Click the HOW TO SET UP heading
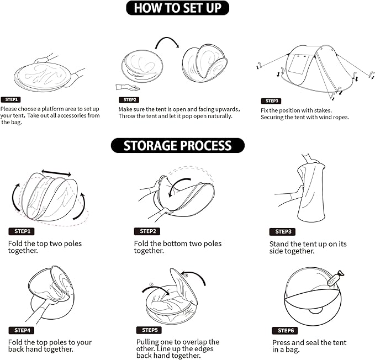[177, 8]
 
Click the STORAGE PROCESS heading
[178, 145]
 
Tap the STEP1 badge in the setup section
[10, 99]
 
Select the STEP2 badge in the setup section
[129, 100]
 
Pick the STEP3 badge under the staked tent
[271, 101]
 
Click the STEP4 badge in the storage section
[22, 330]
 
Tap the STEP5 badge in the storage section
[149, 330]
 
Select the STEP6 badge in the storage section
[285, 331]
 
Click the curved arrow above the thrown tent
[167, 41]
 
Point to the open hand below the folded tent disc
[127, 87]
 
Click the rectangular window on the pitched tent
[299, 64]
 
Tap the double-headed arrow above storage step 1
[56, 173]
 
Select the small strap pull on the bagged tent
[336, 278]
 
